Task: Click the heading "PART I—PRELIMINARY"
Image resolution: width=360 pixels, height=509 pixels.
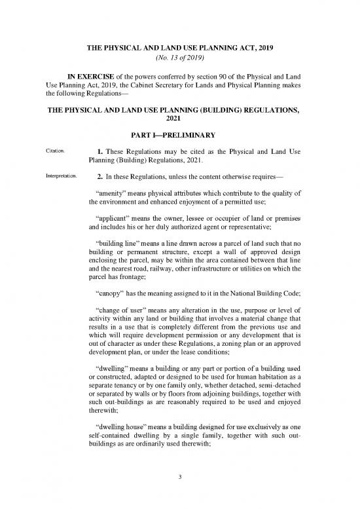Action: [x=179, y=135]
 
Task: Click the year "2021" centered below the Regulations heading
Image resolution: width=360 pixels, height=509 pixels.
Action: [x=179, y=119]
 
